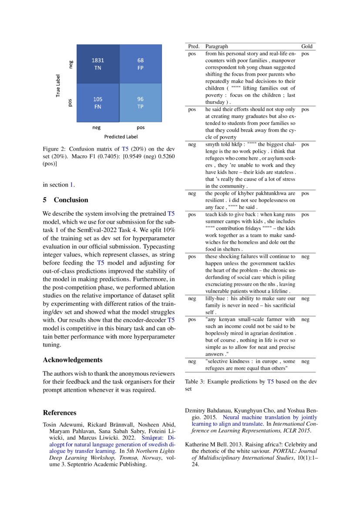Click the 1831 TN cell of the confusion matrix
pos(98,64)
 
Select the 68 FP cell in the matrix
pos(141,64)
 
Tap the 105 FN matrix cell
pos(98,102)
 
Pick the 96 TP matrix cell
pos(141,102)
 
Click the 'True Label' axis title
pos(58,85)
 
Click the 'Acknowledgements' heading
pos(73,360)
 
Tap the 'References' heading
pos(60,412)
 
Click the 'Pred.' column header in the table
pos(194,46)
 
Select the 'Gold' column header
pos(306,46)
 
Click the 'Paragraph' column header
pos(216,46)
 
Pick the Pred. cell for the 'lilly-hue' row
pos(192,299)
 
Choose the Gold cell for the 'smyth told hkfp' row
pos(305,144)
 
